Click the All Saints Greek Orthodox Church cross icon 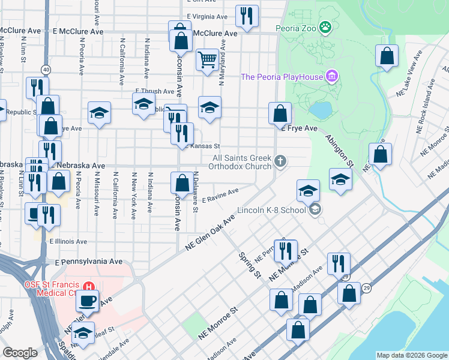(x=280, y=161)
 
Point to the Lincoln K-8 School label (x=271, y=211)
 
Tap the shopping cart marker (x=207, y=59)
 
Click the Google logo (x=19, y=353)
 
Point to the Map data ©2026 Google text (x=411, y=355)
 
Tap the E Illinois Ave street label (x=68, y=241)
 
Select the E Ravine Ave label (x=220, y=194)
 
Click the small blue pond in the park (x=321, y=110)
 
